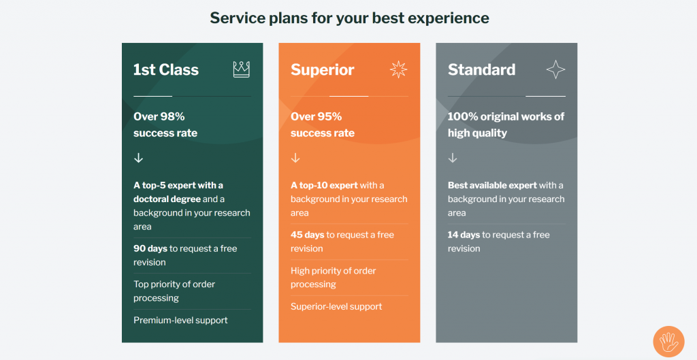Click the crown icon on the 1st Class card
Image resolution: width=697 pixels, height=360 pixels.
click(241, 69)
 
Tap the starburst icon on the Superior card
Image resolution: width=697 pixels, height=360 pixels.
click(398, 69)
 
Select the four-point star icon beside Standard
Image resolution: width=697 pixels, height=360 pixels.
click(555, 69)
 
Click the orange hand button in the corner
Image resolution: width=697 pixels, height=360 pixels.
click(668, 342)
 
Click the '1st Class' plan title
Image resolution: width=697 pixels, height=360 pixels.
click(166, 69)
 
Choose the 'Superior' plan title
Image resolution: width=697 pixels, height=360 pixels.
click(323, 69)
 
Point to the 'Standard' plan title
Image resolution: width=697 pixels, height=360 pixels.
click(481, 69)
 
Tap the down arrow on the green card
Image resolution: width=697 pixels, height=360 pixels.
click(139, 158)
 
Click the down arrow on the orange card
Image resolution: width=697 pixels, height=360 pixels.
click(295, 158)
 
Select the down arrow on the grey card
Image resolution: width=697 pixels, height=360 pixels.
click(453, 158)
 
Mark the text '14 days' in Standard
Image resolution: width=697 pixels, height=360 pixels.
click(464, 235)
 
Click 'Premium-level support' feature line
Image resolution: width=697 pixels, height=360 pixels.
click(180, 320)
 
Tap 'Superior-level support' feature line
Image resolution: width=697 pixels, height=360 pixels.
click(336, 306)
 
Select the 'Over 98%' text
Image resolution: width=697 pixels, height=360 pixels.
click(159, 116)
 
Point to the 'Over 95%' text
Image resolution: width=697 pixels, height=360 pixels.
click(317, 116)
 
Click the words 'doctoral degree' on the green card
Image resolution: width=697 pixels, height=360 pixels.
click(167, 199)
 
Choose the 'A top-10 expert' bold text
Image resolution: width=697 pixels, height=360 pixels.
click(324, 185)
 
